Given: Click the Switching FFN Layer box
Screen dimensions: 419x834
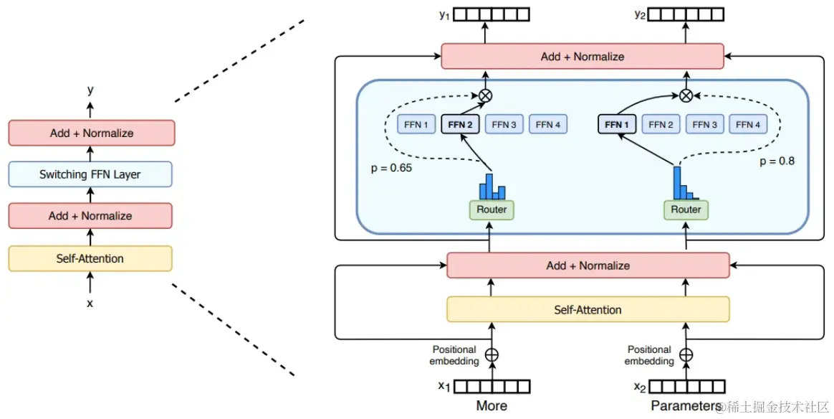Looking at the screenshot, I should (90, 174).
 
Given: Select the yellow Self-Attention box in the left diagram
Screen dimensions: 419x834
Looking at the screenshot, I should (90, 258).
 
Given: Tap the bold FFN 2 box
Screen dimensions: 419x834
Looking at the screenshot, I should (460, 125).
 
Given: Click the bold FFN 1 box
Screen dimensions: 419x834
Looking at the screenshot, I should (617, 125).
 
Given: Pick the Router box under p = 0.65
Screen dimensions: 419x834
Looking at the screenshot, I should (492, 209).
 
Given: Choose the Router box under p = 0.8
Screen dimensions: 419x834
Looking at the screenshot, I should (686, 209).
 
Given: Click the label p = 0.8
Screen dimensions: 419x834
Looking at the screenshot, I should (777, 161).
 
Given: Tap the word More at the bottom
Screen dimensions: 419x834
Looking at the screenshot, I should (492, 406).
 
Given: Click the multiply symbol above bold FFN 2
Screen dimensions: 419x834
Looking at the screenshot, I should (486, 95).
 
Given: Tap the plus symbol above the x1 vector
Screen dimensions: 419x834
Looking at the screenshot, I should (492, 354).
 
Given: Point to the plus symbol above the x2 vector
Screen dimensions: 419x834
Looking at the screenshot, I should (686, 354).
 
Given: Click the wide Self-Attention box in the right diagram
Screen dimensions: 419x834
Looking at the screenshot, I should (588, 310).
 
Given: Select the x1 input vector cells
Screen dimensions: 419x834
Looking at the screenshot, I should (492, 387).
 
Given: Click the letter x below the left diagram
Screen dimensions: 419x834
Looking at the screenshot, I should (90, 303).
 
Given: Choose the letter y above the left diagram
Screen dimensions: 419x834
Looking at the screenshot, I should (90, 90).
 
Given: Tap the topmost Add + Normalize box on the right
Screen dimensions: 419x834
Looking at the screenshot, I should (582, 57).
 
